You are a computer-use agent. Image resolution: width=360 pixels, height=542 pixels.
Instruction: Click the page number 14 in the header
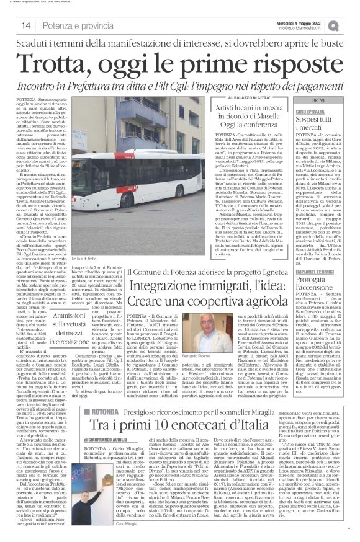(27, 25)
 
